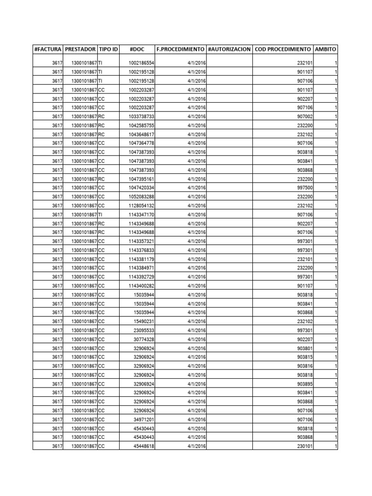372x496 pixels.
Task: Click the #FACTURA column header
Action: [47, 49]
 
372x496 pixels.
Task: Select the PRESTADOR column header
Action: [80, 49]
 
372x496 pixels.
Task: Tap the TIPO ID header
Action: [108, 49]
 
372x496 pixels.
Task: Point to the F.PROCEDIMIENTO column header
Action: [180, 49]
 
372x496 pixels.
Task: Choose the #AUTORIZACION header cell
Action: [229, 49]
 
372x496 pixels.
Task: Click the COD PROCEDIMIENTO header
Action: [282, 49]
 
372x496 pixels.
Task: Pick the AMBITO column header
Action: [326, 49]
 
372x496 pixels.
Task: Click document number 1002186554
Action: [141, 63]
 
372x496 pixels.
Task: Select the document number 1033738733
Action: [141, 116]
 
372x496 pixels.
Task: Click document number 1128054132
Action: [141, 205]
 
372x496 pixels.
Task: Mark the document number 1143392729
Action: [141, 277]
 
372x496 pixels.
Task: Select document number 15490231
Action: [144, 321]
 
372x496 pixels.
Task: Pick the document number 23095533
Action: [144, 330]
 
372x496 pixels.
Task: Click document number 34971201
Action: [144, 419]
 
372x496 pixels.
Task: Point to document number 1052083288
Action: [141, 197]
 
